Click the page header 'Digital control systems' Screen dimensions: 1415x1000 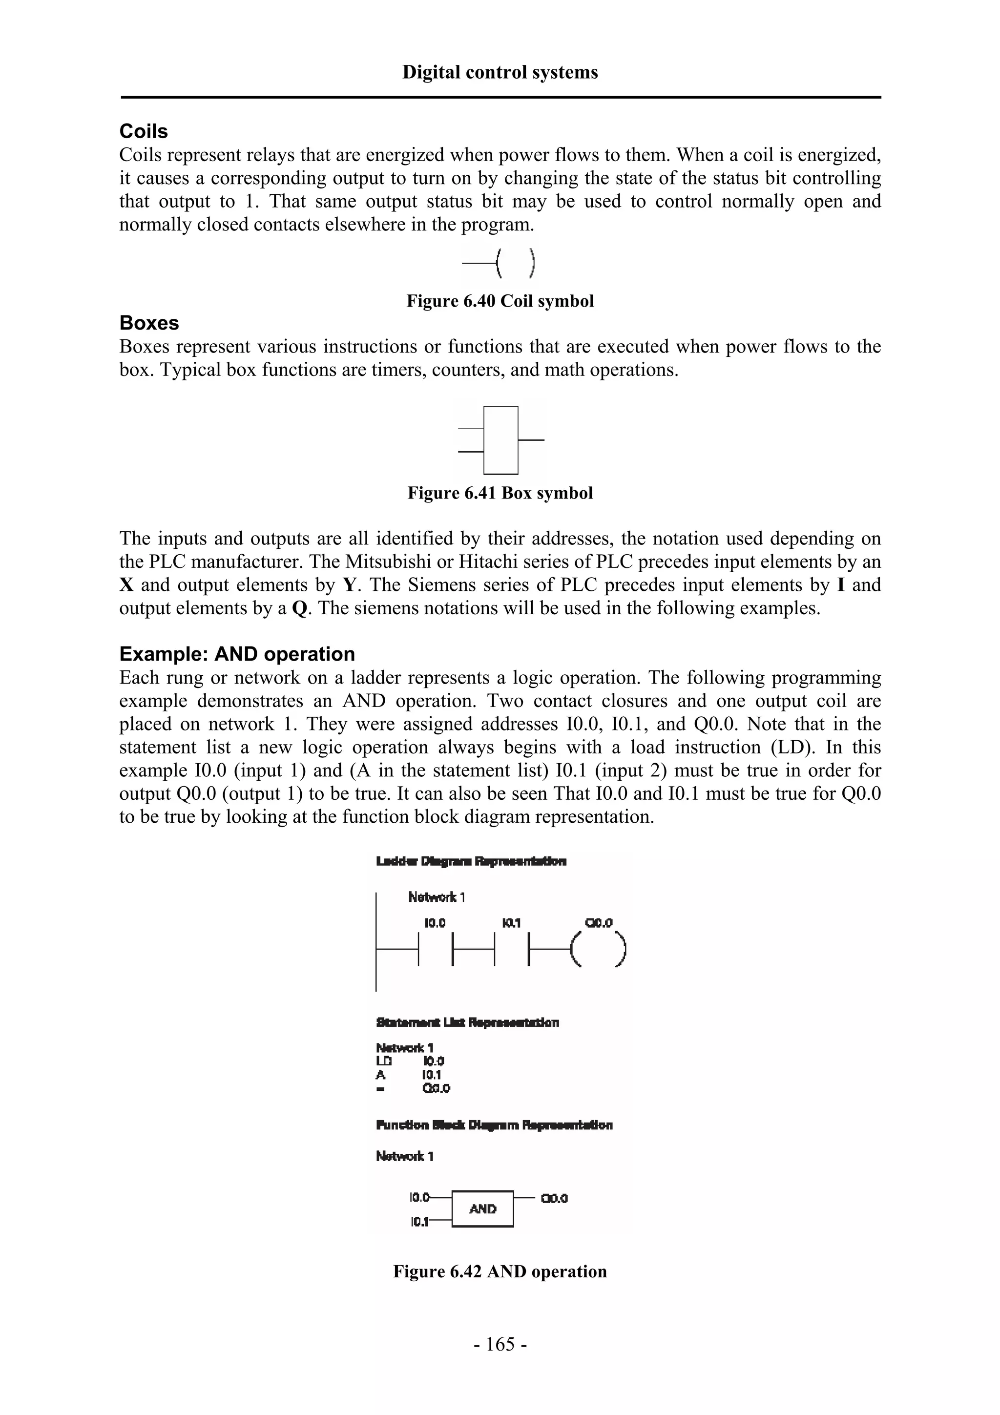coord(500,72)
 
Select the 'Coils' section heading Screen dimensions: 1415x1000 coord(144,131)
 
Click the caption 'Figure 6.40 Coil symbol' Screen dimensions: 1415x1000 coord(500,301)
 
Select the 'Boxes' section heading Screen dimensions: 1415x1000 coord(149,323)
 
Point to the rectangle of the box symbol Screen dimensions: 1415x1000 coord(500,439)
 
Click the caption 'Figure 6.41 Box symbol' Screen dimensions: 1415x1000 coord(500,493)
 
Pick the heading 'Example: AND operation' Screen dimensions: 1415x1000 coord(237,654)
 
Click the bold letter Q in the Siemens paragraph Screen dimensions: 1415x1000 coord(299,609)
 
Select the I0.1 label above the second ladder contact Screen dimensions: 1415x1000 coord(511,923)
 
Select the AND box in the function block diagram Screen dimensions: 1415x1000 coord(482,1209)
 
